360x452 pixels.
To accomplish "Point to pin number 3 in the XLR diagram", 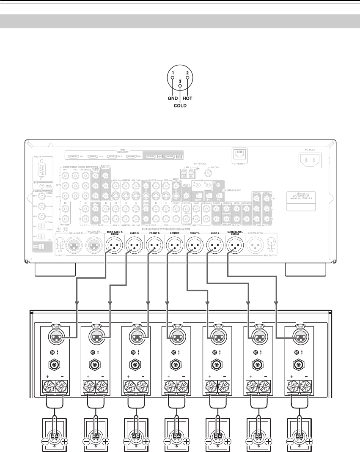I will click(180, 81).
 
